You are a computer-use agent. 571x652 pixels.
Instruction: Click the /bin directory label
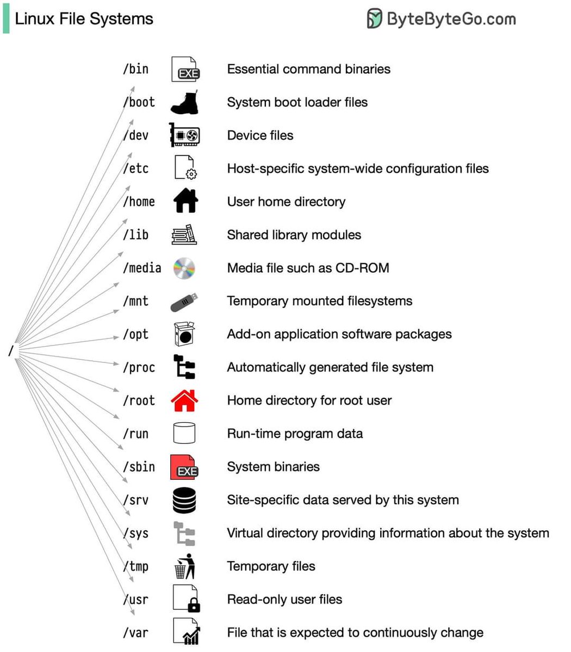click(x=135, y=69)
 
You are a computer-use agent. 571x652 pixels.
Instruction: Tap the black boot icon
click(x=184, y=102)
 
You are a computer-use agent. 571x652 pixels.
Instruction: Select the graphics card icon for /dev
click(x=185, y=135)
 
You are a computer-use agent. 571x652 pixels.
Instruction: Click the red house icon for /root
click(x=184, y=400)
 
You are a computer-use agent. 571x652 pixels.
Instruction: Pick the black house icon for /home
click(x=185, y=202)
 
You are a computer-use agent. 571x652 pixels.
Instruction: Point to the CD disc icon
click(x=184, y=268)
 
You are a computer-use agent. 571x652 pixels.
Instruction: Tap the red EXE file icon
click(x=184, y=467)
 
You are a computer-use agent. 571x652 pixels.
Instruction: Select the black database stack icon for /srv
click(x=184, y=500)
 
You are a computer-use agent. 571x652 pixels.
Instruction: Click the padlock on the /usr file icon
click(x=194, y=605)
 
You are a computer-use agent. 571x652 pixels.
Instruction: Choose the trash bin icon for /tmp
click(x=184, y=567)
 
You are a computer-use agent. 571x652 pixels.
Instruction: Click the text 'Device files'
click(x=260, y=135)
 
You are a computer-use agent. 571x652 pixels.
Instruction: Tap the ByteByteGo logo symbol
click(x=374, y=18)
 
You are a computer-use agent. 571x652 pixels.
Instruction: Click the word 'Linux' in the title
click(x=34, y=19)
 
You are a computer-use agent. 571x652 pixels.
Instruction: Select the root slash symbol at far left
click(x=10, y=352)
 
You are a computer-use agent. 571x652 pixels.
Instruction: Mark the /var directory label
click(x=135, y=632)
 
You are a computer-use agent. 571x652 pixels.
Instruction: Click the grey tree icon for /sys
click(x=184, y=534)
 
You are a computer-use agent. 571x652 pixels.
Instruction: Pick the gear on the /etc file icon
click(x=192, y=174)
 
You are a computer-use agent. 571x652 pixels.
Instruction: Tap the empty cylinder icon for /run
click(x=184, y=434)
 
